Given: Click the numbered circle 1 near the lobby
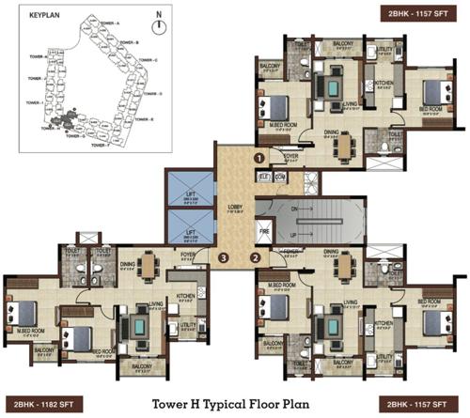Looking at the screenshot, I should pyautogui.click(x=258, y=160).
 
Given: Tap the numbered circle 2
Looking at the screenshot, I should pyautogui.click(x=254, y=257).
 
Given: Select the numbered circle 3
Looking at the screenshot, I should pyautogui.click(x=223, y=257).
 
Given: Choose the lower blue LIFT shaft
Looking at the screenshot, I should pyautogui.click(x=188, y=229).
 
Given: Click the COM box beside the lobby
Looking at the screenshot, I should pyautogui.click(x=281, y=176).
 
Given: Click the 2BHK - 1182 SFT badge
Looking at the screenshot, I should pyautogui.click(x=45, y=403).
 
